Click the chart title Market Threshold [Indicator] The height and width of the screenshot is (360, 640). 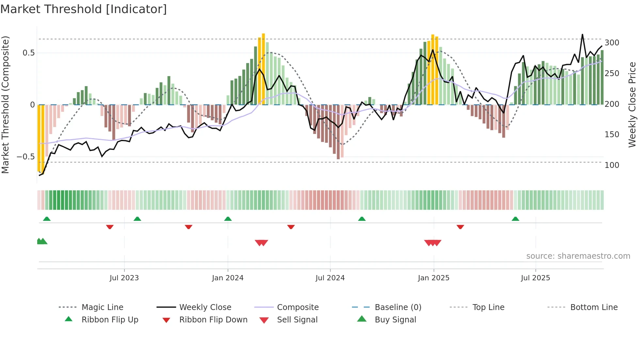[84, 9]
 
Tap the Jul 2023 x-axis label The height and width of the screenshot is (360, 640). [124, 278]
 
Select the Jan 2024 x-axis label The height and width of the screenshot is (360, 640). [228, 278]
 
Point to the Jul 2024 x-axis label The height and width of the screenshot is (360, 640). [330, 278]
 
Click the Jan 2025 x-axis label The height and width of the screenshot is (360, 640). [434, 278]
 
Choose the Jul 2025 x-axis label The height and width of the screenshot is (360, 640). [536, 278]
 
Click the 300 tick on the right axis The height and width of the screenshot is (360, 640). [612, 43]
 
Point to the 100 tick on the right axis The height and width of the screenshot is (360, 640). [612, 165]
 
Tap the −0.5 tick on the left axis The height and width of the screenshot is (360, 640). [25, 157]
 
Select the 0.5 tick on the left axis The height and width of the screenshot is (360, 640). [28, 53]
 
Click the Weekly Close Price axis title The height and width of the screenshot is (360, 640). [632, 105]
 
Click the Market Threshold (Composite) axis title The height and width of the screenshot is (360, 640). [6, 105]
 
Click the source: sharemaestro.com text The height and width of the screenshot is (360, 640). [578, 256]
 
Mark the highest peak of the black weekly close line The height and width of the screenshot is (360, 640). [582, 34]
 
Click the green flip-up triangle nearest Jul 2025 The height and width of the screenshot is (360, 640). [515, 219]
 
